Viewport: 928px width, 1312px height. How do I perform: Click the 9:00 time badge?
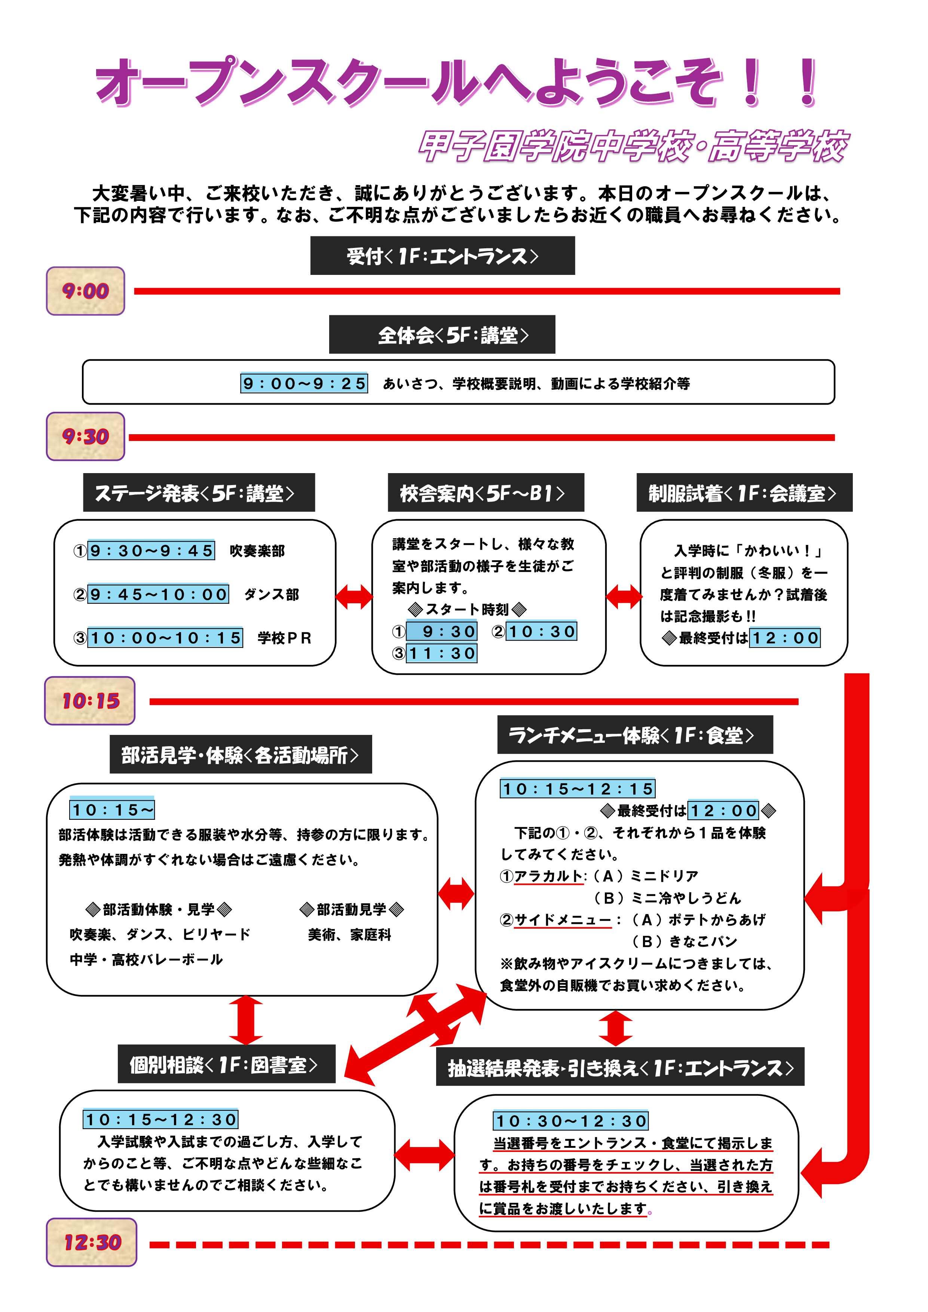click(85, 291)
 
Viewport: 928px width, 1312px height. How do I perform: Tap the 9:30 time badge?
click(85, 436)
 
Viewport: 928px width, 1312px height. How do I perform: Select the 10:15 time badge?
click(90, 701)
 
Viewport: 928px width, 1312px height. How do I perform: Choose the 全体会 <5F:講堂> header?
click(442, 335)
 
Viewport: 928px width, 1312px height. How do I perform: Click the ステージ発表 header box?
click(199, 493)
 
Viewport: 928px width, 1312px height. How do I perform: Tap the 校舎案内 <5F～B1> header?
click(486, 493)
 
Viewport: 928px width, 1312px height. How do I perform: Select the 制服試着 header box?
click(744, 493)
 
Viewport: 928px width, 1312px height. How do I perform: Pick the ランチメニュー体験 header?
click(634, 735)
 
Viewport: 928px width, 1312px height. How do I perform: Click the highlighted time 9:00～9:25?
click(304, 383)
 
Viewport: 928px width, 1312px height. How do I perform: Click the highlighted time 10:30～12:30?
click(570, 1121)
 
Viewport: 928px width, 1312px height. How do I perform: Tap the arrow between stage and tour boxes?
click(354, 597)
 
